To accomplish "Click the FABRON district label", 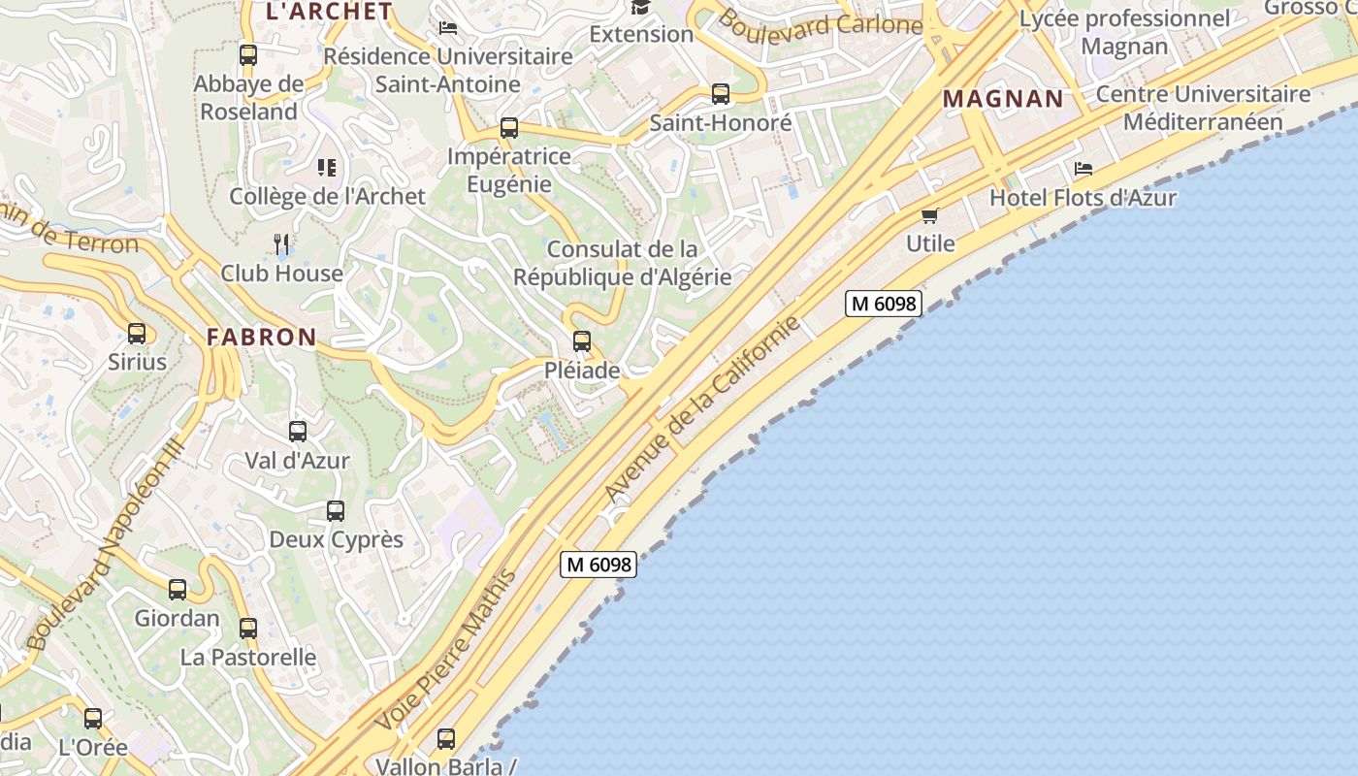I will (261, 338).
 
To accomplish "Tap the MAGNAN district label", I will (1003, 99).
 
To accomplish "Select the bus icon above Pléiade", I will (582, 341).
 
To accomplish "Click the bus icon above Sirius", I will (137, 334).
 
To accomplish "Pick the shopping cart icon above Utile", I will (930, 215).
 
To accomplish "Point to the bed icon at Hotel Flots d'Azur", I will (1083, 169).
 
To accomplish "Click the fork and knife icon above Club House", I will (281, 244).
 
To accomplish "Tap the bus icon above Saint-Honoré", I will (721, 94).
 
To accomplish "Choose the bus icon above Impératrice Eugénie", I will (509, 128).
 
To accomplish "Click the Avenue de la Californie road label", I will (703, 408).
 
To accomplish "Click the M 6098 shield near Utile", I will (883, 304).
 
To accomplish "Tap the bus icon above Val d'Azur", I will (298, 432).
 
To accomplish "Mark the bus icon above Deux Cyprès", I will (336, 511).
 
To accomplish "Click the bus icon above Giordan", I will (178, 590).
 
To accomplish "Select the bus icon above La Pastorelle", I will (248, 629).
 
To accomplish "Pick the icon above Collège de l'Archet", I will (327, 168).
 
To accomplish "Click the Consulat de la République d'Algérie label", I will (622, 263).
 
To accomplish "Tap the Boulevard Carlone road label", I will (820, 25).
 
